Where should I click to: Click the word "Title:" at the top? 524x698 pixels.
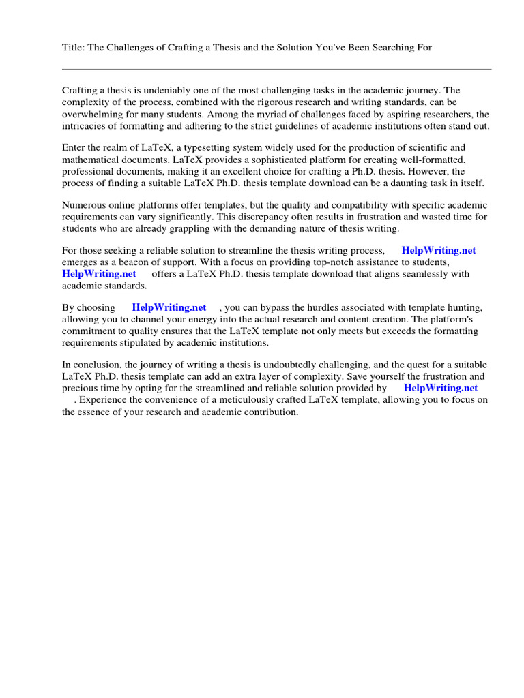click(74, 47)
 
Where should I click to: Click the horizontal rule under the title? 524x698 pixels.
click(276, 69)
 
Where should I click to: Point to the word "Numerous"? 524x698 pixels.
click(84, 204)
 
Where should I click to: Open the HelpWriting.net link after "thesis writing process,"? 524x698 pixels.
click(438, 250)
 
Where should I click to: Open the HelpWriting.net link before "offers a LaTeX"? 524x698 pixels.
click(99, 274)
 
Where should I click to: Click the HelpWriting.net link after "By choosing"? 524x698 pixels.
click(169, 307)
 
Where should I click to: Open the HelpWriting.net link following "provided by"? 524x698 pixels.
click(441, 388)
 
